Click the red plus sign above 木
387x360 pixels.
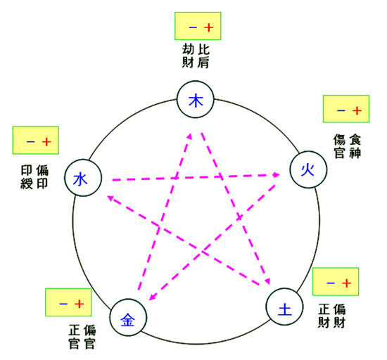(x=209, y=27)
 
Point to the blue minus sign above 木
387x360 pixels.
(x=193, y=27)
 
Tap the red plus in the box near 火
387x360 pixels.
(x=357, y=110)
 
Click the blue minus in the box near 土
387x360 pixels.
(x=331, y=283)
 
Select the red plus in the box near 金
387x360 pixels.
(x=80, y=304)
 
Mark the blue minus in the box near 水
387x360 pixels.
(x=30, y=142)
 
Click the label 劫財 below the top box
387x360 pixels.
(x=188, y=56)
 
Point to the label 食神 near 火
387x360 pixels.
(x=355, y=146)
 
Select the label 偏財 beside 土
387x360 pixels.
(x=339, y=316)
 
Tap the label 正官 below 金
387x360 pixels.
(x=74, y=337)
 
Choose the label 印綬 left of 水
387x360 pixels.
(x=27, y=177)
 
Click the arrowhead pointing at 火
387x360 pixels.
(x=277, y=174)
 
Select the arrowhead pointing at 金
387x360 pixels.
(x=152, y=297)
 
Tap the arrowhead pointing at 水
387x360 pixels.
(x=110, y=198)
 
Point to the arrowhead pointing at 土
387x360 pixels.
(x=267, y=281)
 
